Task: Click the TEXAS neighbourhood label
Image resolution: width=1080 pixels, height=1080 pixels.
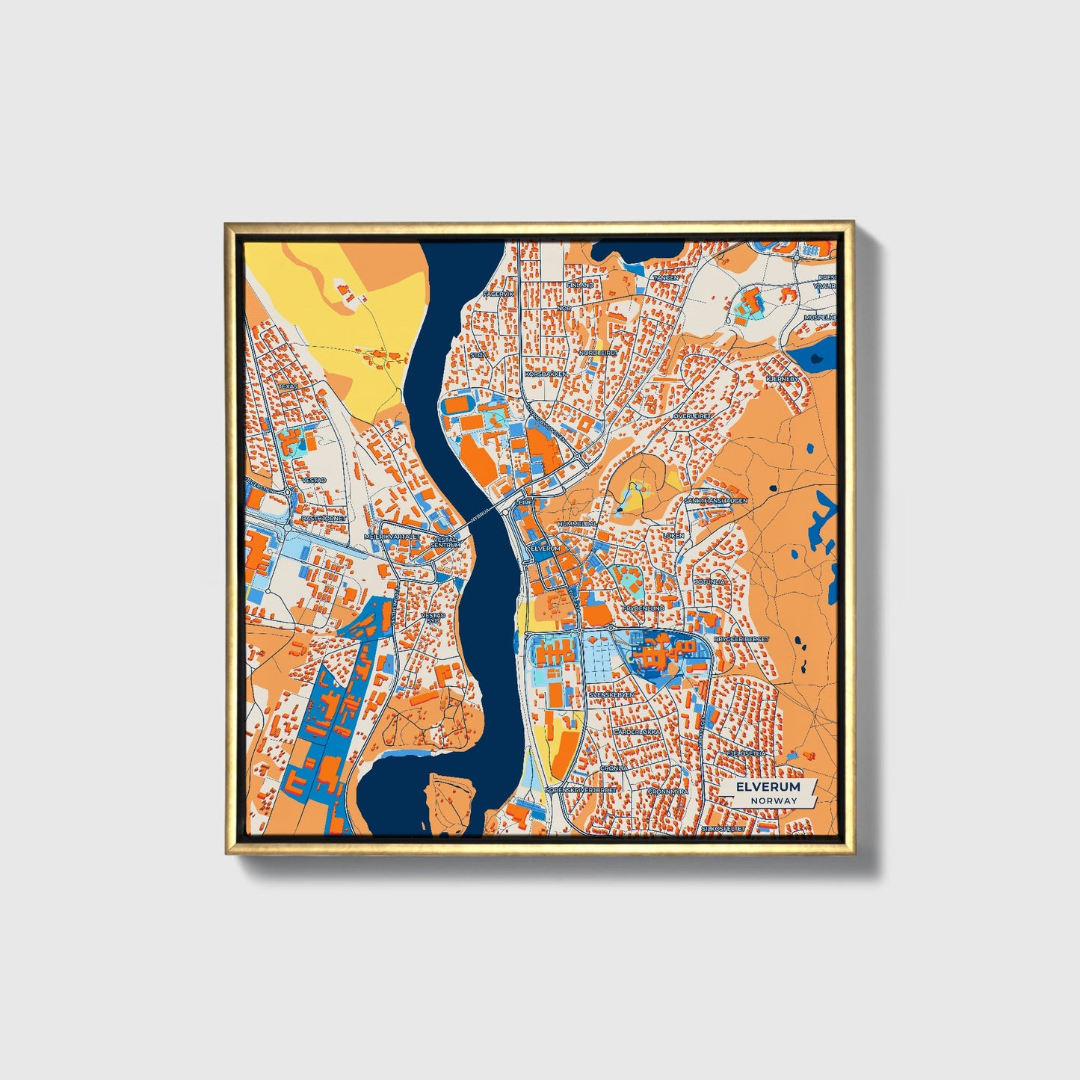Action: tap(288, 386)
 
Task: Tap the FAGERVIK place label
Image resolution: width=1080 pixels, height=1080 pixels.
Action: tap(499, 294)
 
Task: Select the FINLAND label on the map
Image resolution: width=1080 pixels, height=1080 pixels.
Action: tap(580, 285)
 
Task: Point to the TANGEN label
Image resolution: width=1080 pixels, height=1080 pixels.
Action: tap(666, 277)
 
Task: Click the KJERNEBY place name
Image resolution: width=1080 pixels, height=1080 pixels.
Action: tap(783, 379)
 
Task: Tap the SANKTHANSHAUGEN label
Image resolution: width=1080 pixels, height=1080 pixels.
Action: tap(717, 501)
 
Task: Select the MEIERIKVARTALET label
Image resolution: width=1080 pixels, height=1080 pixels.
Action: tap(391, 537)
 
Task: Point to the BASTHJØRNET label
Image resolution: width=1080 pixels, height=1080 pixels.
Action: tap(324, 517)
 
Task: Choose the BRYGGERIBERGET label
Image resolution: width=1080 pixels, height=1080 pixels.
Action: tap(741, 640)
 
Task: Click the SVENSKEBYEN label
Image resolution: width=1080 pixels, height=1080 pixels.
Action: tap(611, 694)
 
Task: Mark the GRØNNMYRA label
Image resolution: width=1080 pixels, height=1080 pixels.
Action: tap(667, 791)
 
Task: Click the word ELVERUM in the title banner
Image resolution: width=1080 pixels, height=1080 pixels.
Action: tap(768, 787)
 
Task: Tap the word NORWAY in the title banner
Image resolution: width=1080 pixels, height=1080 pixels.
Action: tap(774, 800)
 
